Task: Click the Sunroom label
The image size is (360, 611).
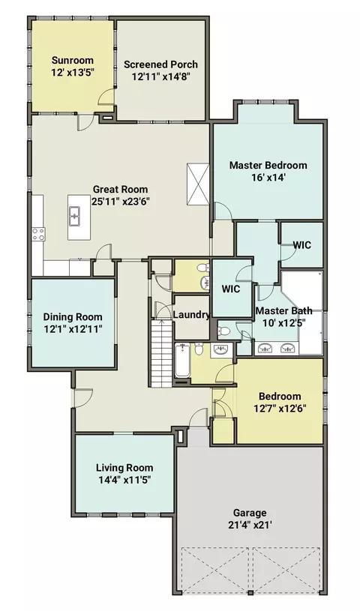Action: pyautogui.click(x=73, y=61)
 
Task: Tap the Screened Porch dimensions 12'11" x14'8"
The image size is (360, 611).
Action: pyautogui.click(x=160, y=76)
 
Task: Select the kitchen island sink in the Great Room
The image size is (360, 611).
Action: pyautogui.click(x=75, y=216)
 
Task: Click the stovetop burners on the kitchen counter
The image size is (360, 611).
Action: pyautogui.click(x=38, y=234)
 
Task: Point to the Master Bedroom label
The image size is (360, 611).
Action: pyautogui.click(x=268, y=165)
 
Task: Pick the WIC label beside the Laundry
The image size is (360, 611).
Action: pyautogui.click(x=231, y=289)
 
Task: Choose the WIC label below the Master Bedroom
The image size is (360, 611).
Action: pyautogui.click(x=302, y=245)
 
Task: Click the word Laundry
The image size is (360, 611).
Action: pyautogui.click(x=191, y=314)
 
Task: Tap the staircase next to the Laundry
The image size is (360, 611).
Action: pyautogui.click(x=161, y=353)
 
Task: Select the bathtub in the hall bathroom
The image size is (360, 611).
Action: pyautogui.click(x=182, y=360)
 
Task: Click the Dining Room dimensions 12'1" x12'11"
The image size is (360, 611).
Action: pyautogui.click(x=73, y=329)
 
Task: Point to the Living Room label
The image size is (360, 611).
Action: pyautogui.click(x=124, y=468)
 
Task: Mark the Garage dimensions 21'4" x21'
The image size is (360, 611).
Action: pyautogui.click(x=250, y=525)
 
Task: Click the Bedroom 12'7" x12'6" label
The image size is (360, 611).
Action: pyautogui.click(x=280, y=402)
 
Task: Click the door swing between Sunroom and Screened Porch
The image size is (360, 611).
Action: pyautogui.click(x=106, y=96)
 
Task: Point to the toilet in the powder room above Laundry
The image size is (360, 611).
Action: pyautogui.click(x=202, y=268)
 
